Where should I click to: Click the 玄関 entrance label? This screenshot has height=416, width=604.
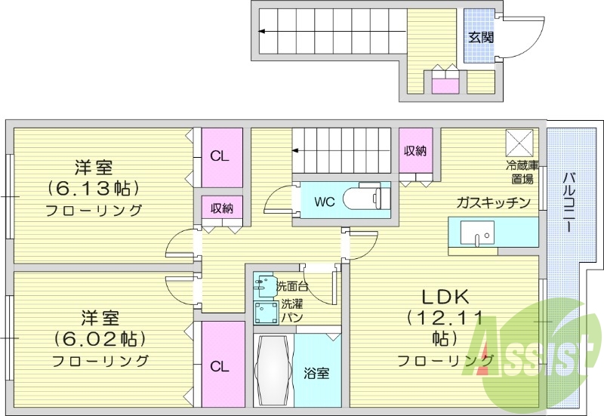point(480,36)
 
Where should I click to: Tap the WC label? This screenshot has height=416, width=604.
point(324,202)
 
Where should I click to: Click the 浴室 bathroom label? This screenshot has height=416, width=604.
point(316,373)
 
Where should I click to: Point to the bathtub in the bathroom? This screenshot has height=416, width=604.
point(273,371)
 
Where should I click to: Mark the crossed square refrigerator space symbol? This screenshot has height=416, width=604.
point(519,141)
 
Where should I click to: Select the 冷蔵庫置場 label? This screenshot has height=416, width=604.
point(521,171)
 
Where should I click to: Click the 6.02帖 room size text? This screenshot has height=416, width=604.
point(99,337)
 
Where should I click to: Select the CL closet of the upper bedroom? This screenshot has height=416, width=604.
point(220,156)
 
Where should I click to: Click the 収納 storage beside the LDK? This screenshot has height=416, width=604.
point(415,151)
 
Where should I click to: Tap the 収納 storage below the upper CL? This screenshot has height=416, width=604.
point(221,208)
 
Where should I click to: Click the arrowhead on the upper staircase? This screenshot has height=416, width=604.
point(261,32)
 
